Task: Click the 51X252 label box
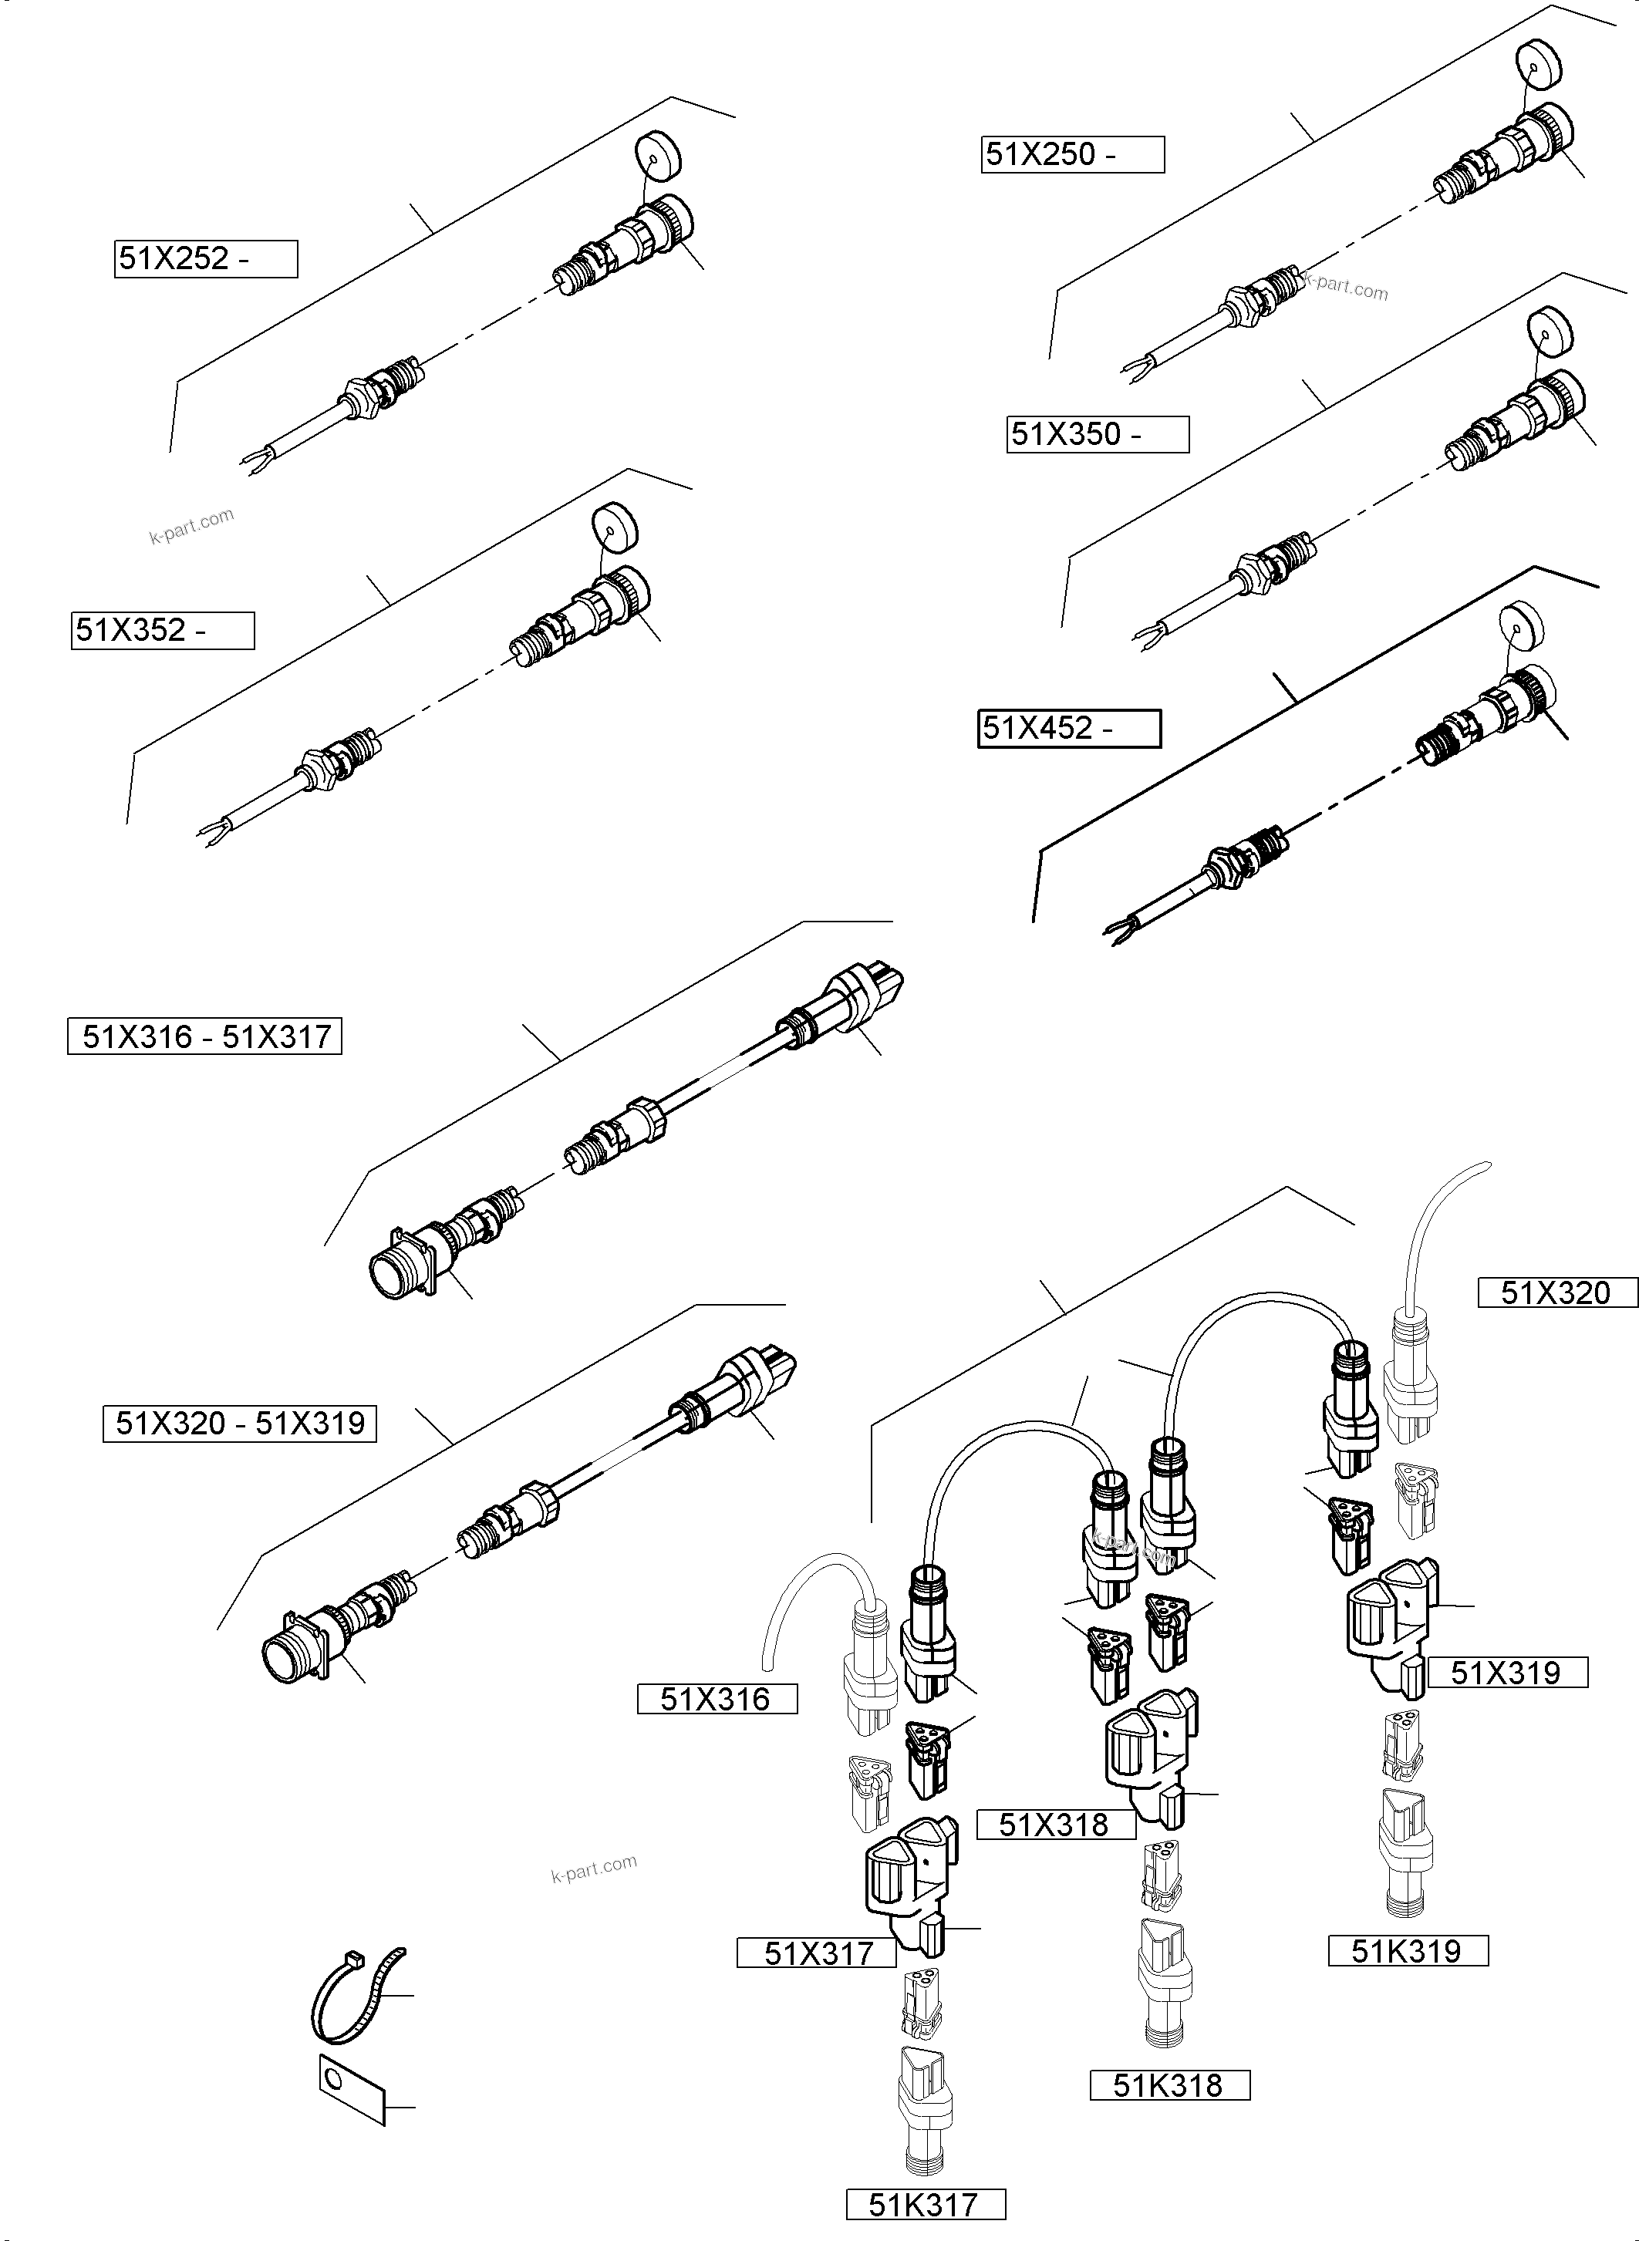[205, 259]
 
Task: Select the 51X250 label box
[1073, 155]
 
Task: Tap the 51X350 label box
[1098, 434]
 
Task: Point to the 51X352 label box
[163, 630]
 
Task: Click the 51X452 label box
[1068, 728]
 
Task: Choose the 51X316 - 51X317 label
[204, 1036]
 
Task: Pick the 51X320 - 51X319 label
[239, 1424]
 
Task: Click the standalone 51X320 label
[1556, 1292]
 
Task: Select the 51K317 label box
[925, 2204]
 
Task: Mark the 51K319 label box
[1408, 1951]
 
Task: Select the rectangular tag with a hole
[350, 2089]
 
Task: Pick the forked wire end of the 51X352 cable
[211, 831]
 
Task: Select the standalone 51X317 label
[817, 1953]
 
